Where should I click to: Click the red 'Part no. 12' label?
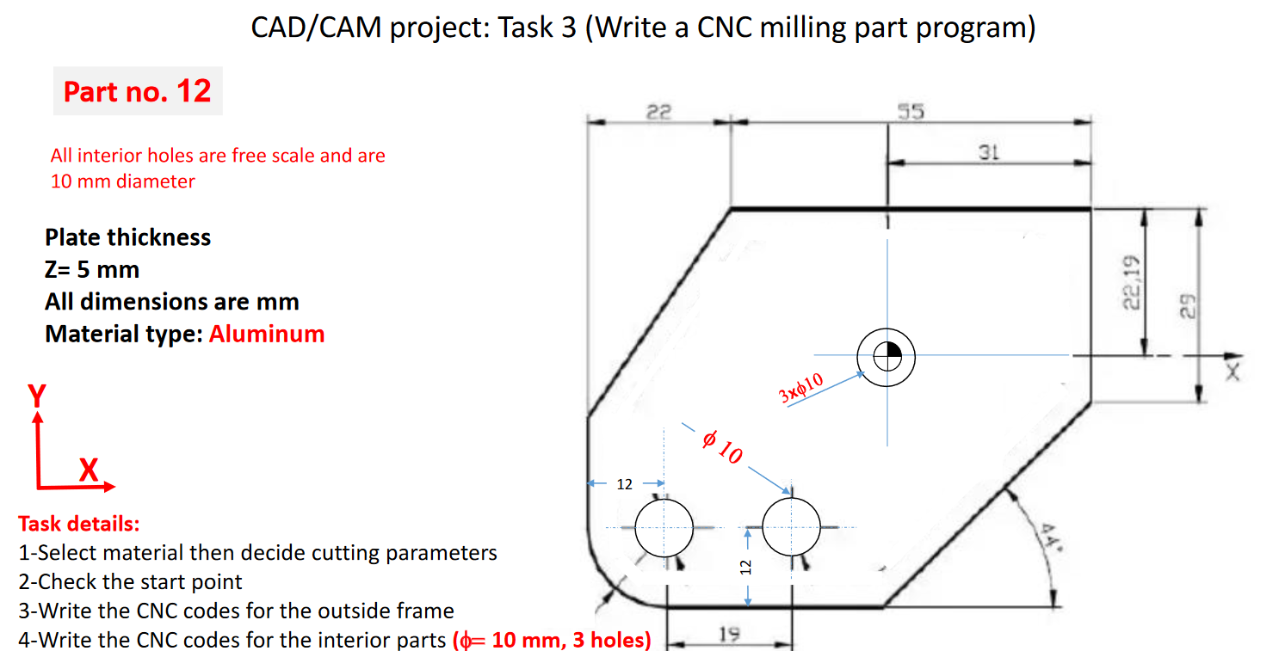click(x=138, y=91)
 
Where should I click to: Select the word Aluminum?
click(x=267, y=334)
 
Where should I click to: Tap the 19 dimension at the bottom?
click(x=726, y=636)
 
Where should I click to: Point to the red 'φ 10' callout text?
click(x=721, y=447)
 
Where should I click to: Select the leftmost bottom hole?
click(x=664, y=527)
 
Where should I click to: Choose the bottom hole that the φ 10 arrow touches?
click(x=792, y=527)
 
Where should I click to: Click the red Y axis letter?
click(x=36, y=396)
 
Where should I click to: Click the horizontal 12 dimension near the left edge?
click(x=625, y=484)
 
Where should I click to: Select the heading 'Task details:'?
click(x=79, y=523)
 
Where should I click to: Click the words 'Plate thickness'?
click(x=127, y=236)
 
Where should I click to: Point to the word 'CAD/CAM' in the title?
click(x=316, y=28)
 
